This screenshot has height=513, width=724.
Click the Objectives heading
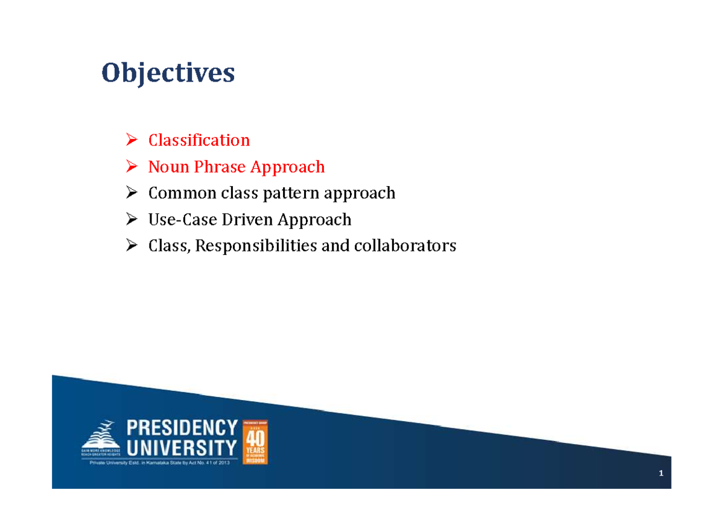click(168, 74)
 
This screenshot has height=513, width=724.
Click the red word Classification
click(198, 140)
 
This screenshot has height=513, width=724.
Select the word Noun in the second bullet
click(168, 167)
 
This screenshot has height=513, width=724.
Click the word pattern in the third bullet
click(291, 193)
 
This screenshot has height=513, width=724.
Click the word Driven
click(247, 219)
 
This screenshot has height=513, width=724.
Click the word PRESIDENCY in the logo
click(182, 428)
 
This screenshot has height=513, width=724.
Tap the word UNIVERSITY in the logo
click(182, 448)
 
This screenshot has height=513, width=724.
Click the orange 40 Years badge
click(255, 442)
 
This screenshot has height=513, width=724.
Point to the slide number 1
click(661, 474)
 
